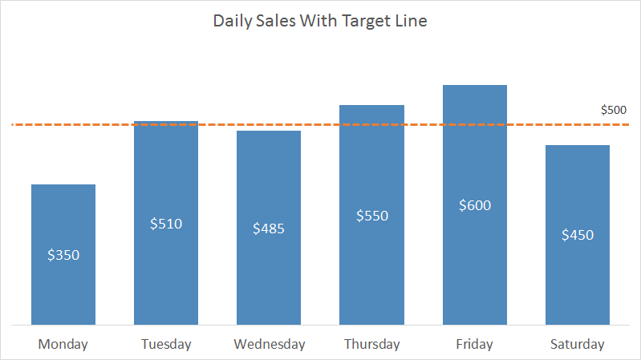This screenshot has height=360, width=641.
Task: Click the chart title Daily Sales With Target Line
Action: pos(319,22)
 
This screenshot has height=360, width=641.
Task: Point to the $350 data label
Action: pos(63,255)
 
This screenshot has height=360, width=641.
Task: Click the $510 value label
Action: pos(166,224)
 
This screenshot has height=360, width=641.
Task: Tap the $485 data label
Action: pos(269,229)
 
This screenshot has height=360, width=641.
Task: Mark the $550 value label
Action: pos(371,216)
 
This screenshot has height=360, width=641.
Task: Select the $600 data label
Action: pos(474,205)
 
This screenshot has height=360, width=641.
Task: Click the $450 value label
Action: pos(577,235)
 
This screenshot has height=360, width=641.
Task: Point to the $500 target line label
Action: pos(614,110)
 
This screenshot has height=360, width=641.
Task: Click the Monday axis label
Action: pos(63,345)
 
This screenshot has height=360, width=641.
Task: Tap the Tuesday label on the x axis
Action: pos(166,345)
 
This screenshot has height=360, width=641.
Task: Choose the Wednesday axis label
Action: pos(269,345)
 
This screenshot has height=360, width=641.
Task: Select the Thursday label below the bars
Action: pos(371,345)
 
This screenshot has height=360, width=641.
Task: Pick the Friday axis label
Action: pos(474,345)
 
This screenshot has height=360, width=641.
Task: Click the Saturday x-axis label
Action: pos(577,345)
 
